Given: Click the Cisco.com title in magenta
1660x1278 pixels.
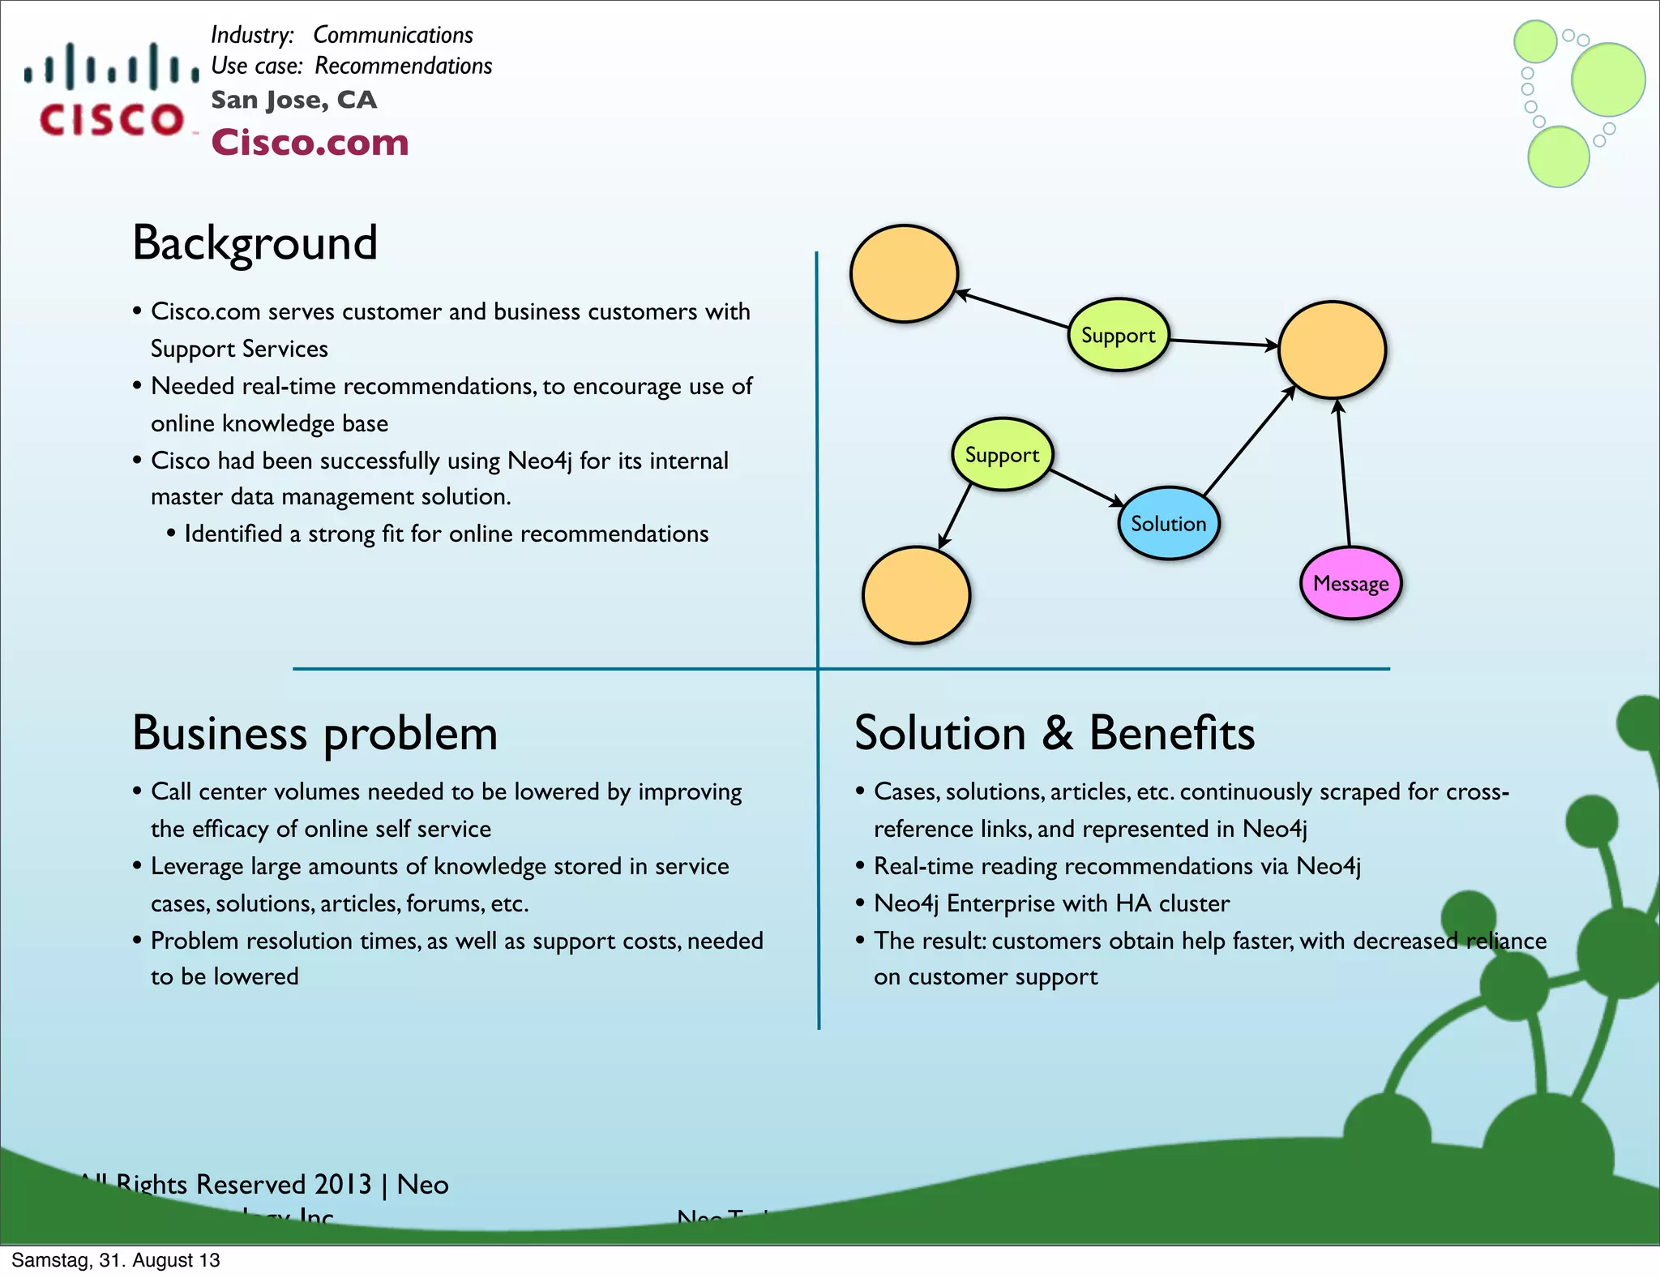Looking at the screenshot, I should coord(310,143).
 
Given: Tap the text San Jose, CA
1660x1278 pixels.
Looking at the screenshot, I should coord(293,100).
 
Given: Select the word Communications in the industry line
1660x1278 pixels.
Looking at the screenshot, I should coord(392,35).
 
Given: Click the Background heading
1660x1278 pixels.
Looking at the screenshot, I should coord(255,242).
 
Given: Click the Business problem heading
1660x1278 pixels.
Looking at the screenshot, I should coord(314,733).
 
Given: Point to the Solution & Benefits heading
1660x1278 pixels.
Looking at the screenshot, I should coord(1054,733).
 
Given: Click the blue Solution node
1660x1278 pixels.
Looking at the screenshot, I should coord(1168,523).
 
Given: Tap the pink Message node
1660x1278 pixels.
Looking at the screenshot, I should coord(1350,583).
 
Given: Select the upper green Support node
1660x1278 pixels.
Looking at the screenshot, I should coord(1118,335).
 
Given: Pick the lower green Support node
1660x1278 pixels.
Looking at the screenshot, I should coord(1002,455).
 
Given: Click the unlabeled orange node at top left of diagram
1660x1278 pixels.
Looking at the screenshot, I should coord(904,274).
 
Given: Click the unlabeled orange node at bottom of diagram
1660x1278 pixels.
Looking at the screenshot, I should coord(916,594).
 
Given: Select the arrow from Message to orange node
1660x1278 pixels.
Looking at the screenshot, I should coord(1343,474).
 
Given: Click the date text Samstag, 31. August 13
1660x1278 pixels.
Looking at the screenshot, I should coord(115,1260).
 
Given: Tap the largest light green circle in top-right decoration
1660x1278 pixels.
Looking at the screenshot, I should coord(1607,79).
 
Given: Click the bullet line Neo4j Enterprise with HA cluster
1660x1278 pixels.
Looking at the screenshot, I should coord(1050,903).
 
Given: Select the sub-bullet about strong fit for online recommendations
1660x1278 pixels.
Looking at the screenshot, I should coord(446,534).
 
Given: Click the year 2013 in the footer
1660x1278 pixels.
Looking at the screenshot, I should coord(342,1184).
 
